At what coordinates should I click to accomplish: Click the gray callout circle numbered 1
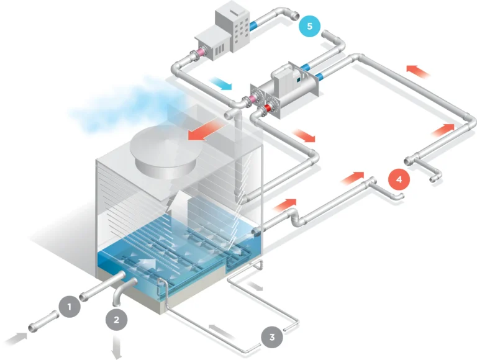click(70, 306)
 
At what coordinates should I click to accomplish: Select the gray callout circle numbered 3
click(271, 338)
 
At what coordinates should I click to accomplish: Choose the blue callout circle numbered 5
click(310, 26)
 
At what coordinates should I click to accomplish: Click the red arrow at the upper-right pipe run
click(418, 70)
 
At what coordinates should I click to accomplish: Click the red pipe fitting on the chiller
click(266, 109)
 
